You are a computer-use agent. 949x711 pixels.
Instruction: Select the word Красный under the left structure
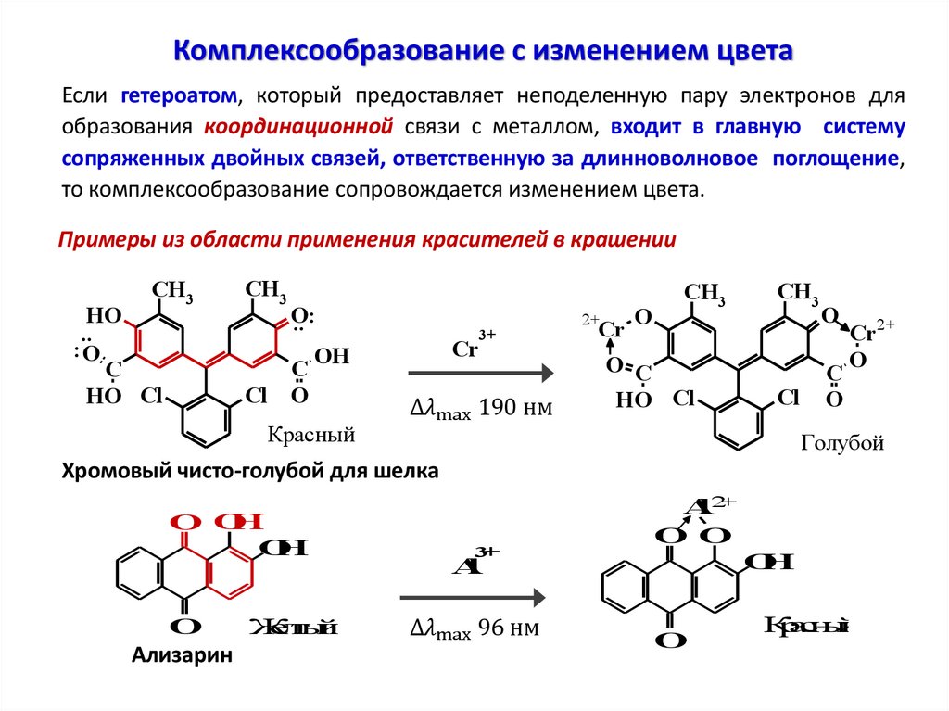point(311,434)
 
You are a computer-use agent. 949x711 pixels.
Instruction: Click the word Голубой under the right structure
point(842,444)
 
